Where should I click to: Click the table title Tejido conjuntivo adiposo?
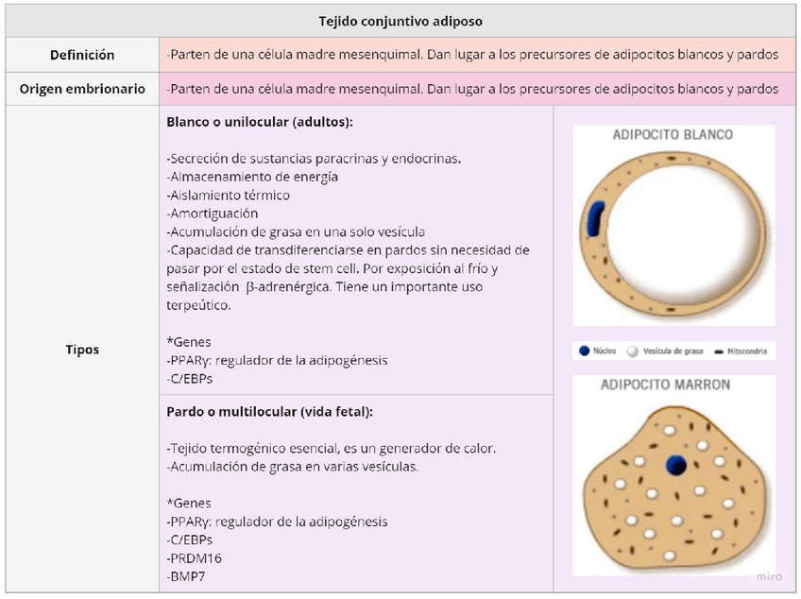coord(400,21)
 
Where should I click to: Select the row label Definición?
coord(82,55)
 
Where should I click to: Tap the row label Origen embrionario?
coord(82,89)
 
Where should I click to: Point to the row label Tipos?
coord(82,350)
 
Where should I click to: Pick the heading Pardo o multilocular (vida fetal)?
coord(269,412)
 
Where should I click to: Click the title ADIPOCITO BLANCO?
coord(673,135)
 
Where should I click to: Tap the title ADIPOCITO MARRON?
coord(665,385)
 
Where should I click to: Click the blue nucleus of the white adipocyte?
coord(596,217)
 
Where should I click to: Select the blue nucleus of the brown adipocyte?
coord(675,464)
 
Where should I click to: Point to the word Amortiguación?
coord(213,214)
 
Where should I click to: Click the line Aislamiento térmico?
coord(229,196)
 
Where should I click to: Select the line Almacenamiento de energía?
coord(252,177)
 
